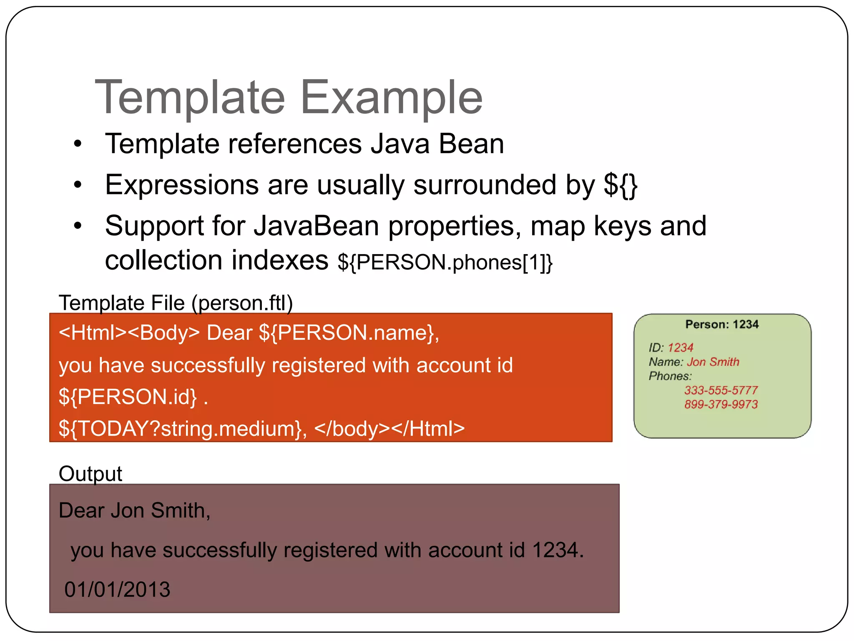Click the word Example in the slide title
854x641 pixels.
[391, 98]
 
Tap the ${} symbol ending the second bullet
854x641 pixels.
[620, 185]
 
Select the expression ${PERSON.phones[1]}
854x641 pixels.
[445, 262]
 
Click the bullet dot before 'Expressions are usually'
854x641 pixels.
[78, 185]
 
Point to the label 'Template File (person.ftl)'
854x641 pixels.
[176, 303]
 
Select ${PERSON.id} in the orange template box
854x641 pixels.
[128, 396]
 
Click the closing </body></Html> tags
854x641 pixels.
[389, 429]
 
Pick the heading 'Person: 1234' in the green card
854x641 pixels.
[722, 324]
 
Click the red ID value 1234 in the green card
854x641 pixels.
[681, 348]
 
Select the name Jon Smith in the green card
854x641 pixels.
[713, 362]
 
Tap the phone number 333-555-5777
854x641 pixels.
[721, 390]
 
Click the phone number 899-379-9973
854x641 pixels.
[721, 404]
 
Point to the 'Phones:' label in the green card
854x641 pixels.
[670, 376]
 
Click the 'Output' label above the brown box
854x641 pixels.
[90, 474]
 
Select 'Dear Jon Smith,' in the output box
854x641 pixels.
[134, 510]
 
